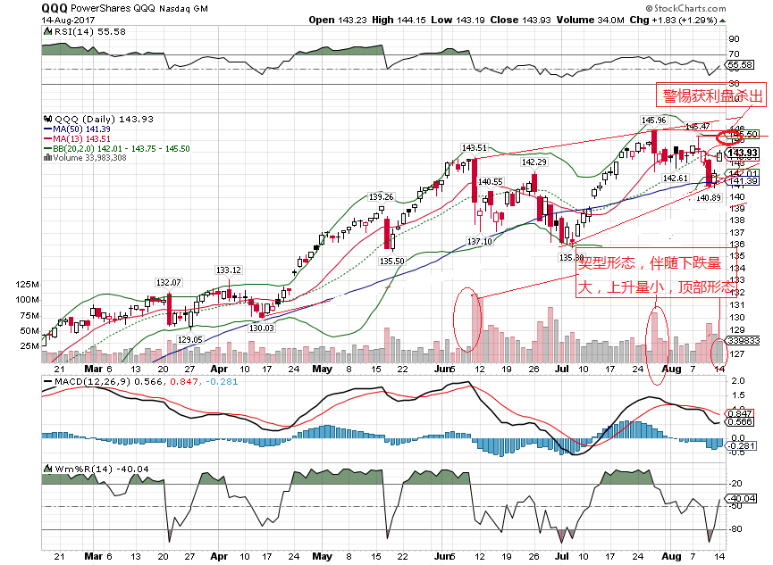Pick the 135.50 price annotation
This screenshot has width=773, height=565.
coord(393,261)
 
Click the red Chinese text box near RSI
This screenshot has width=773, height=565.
coord(711,96)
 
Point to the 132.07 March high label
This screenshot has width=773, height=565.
coord(170,282)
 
